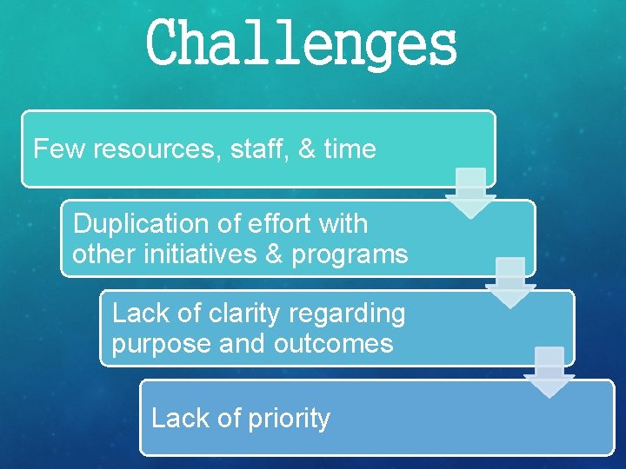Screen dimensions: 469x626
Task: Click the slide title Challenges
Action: (x=302, y=45)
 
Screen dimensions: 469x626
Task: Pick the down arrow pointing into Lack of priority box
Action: (x=549, y=373)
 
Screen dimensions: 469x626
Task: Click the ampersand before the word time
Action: (x=307, y=149)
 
